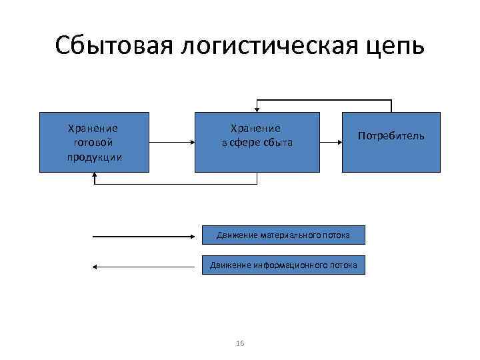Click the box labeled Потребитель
click(391, 142)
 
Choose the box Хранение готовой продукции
click(94, 142)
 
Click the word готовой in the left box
click(94, 143)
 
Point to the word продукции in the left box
click(94, 157)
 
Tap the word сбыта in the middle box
click(277, 143)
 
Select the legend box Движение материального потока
click(283, 235)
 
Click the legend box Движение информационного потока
click(283, 265)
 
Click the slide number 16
click(240, 343)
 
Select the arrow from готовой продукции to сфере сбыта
click(171, 142)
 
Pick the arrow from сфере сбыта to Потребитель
click(329, 142)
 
